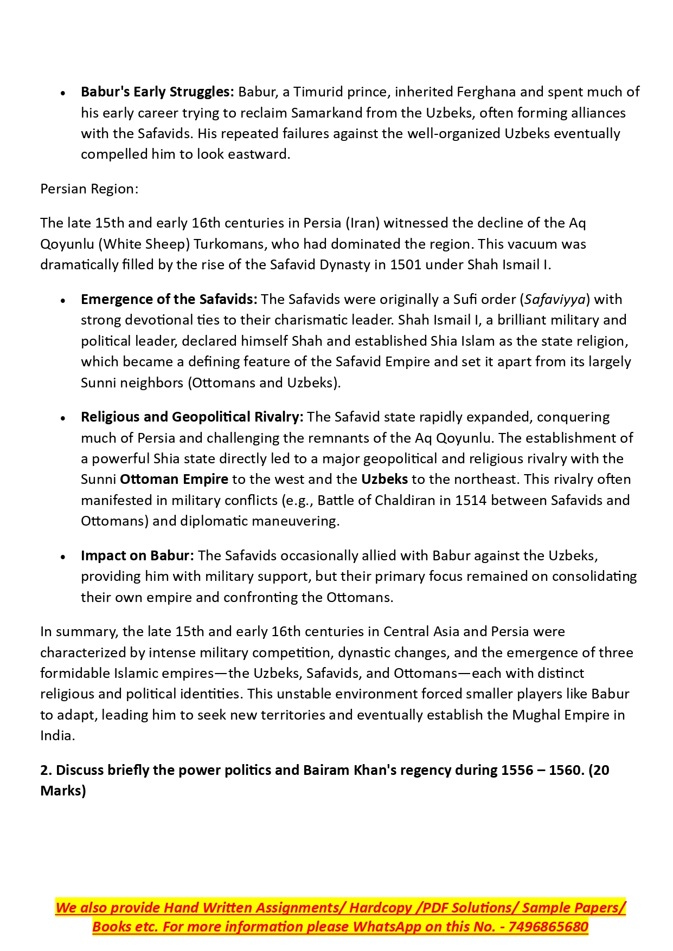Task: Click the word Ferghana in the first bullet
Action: pos(486,92)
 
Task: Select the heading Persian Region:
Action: pos(89,189)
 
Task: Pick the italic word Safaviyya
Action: pos(555,300)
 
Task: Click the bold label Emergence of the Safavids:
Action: pos(169,300)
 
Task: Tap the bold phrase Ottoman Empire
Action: pos(174,480)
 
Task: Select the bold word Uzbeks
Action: pos(384,480)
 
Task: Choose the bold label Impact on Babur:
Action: pos(137,556)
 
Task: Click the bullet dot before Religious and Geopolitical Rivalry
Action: pos(63,418)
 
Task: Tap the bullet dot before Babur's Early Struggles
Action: pos(63,93)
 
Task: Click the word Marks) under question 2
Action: pos(63,791)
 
